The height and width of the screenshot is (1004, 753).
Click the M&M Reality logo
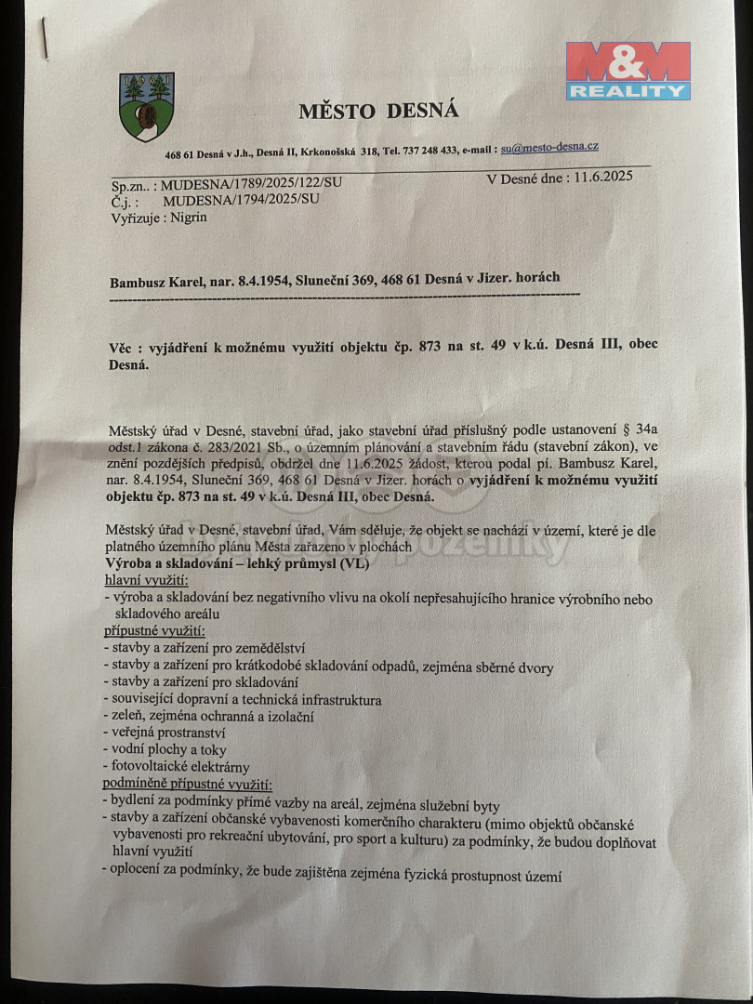627,70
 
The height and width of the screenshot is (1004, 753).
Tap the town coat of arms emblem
147,107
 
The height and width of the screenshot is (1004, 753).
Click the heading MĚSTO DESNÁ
378,112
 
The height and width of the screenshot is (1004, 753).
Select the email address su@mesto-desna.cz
548,147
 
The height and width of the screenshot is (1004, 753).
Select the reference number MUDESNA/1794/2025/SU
241,199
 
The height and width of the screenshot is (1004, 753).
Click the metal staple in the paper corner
44,39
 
